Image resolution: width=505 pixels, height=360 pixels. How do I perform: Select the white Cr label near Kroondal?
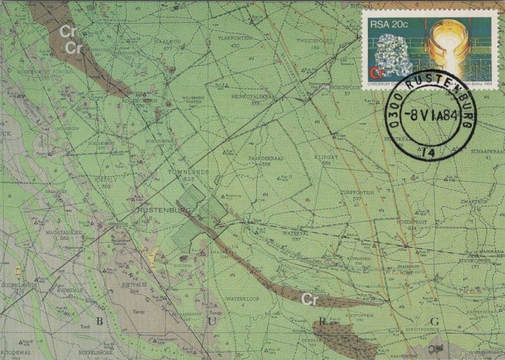[309, 297]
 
